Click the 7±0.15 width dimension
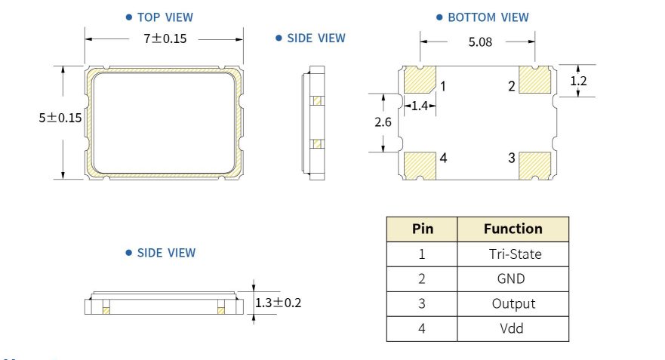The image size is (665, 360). point(165,38)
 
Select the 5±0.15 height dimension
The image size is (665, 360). point(60,118)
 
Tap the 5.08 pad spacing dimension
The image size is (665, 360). point(480,42)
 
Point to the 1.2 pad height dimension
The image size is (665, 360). point(579,80)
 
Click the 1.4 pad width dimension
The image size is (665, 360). point(420,106)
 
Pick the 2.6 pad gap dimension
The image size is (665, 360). point(383,122)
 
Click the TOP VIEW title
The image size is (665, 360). point(165,17)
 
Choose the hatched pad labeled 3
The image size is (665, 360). point(536,165)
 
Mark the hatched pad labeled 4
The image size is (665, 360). point(420,165)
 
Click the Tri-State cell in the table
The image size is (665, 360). point(514,254)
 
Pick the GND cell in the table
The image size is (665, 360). point(511,278)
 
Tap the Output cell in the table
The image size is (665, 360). point(513,303)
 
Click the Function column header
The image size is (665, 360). point(513,229)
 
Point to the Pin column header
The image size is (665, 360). point(422,229)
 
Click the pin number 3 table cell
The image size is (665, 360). point(422,303)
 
